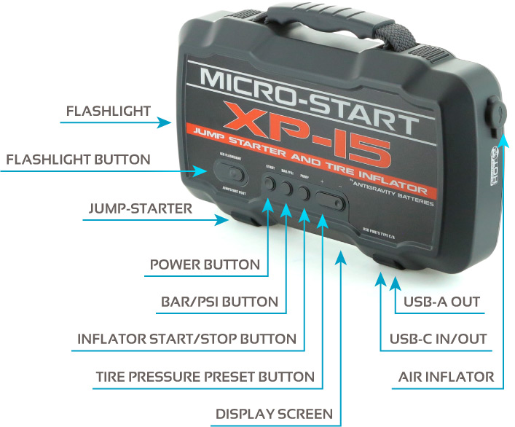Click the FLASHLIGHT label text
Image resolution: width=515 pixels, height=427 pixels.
[108, 111]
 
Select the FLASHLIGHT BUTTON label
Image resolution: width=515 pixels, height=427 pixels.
[78, 160]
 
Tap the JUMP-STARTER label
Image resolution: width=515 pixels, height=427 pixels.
[141, 208]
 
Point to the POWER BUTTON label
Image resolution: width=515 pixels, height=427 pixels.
[205, 264]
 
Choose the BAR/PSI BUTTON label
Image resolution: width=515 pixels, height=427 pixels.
[219, 301]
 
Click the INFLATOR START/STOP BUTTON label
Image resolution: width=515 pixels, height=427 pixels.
[186, 339]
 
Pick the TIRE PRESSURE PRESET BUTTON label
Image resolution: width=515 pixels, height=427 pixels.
[205, 377]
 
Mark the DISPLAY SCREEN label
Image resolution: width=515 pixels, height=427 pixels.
[274, 414]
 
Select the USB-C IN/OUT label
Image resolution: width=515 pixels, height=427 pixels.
[438, 339]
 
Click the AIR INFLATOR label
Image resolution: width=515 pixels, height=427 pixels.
[446, 377]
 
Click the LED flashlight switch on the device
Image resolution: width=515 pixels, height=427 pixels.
[232, 175]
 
